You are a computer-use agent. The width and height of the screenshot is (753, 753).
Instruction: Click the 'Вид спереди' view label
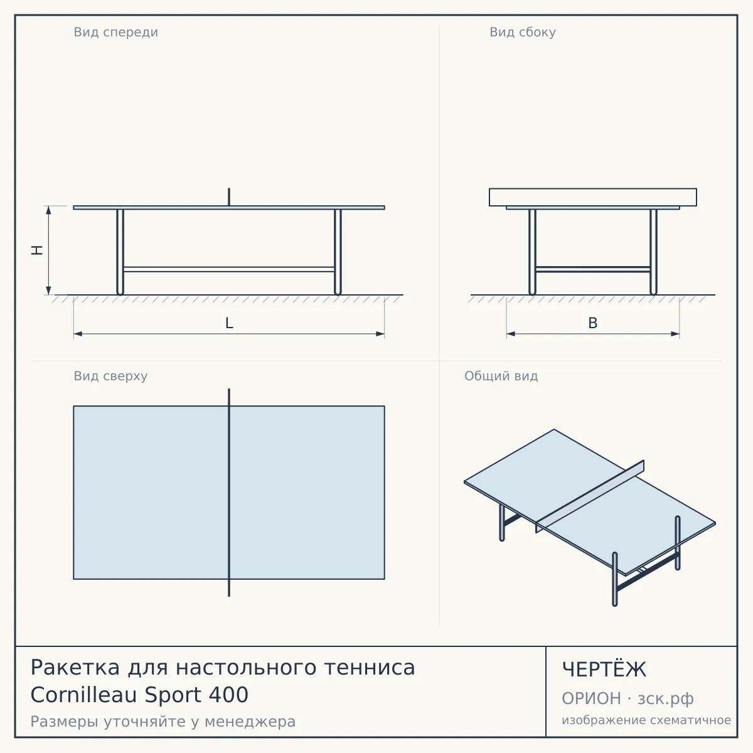(x=115, y=32)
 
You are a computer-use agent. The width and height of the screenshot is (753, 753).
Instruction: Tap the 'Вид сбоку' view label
(x=523, y=32)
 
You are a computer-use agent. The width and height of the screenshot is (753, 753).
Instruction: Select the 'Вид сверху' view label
(x=110, y=376)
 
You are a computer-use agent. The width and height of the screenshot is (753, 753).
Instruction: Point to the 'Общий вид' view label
(x=501, y=376)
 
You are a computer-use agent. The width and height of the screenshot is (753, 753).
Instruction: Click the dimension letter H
(x=37, y=250)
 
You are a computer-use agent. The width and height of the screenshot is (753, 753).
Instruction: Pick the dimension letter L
(x=230, y=323)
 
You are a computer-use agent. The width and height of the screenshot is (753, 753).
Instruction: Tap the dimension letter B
(x=593, y=323)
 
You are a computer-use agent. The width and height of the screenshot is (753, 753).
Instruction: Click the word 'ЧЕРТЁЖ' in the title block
(x=604, y=670)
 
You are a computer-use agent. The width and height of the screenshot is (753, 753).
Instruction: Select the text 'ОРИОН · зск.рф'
(x=627, y=698)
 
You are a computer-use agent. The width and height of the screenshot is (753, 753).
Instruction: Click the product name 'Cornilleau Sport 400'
(x=139, y=695)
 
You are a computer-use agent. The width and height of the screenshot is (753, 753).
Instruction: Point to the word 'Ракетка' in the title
(x=75, y=667)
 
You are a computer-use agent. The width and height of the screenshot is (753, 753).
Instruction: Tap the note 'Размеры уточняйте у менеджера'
(x=163, y=722)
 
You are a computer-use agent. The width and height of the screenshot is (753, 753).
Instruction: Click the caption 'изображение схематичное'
(x=646, y=720)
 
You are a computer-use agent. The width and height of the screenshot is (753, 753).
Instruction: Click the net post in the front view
(x=229, y=197)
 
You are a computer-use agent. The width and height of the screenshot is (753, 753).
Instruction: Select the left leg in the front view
(x=120, y=252)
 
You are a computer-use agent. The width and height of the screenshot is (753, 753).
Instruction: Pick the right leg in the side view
(x=653, y=252)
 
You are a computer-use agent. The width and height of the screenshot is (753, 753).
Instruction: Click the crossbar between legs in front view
(x=229, y=269)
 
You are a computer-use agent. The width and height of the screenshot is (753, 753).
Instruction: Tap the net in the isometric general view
(x=590, y=496)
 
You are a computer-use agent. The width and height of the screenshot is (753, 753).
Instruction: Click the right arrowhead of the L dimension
(x=380, y=334)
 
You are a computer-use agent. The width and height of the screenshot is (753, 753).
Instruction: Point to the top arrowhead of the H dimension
(x=48, y=211)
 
